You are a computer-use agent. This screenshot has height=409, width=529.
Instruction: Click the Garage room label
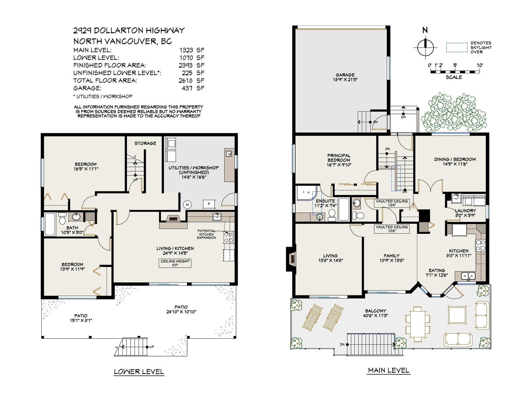[345, 75]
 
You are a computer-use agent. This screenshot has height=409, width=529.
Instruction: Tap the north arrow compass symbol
[425, 48]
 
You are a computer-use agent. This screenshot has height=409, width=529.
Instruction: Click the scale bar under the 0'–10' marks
[455, 71]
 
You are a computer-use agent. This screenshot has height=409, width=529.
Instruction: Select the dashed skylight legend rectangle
[457, 48]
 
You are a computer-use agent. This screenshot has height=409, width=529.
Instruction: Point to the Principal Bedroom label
[339, 158]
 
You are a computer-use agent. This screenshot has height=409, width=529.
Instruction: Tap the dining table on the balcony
[418, 324]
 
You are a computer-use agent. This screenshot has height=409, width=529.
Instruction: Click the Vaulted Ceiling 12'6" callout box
[391, 203]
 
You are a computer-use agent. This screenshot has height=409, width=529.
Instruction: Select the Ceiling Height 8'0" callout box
[175, 263]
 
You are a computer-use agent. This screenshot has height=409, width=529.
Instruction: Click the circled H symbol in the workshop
[187, 205]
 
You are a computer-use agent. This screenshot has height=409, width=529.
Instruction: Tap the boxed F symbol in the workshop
[209, 204]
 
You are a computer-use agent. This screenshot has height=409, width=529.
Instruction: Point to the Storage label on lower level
[145, 143]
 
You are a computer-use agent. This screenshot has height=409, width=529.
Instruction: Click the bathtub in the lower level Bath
[50, 224]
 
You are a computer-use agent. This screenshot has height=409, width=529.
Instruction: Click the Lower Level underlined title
[139, 371]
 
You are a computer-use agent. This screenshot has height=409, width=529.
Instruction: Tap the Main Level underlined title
[388, 370]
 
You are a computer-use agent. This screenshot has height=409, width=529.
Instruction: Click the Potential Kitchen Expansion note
[206, 234]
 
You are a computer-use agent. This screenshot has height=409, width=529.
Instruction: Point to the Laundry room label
[466, 210]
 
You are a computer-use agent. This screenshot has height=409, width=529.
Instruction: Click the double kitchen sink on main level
[468, 276]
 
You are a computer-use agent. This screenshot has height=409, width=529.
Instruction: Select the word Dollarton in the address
[115, 30]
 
